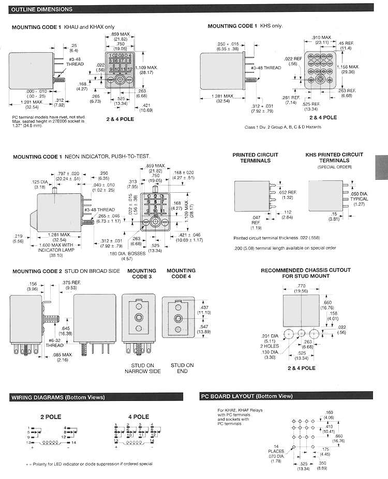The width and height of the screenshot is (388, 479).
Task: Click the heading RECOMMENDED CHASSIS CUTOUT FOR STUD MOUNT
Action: click(x=305, y=273)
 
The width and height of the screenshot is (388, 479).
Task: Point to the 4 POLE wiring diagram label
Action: click(x=139, y=416)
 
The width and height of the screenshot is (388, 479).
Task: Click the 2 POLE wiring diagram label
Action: click(x=51, y=416)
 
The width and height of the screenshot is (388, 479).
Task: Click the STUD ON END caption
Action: click(x=182, y=368)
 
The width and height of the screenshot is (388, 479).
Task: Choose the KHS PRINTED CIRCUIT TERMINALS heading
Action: click(x=334, y=157)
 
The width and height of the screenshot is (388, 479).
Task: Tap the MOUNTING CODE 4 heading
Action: click(x=181, y=273)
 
